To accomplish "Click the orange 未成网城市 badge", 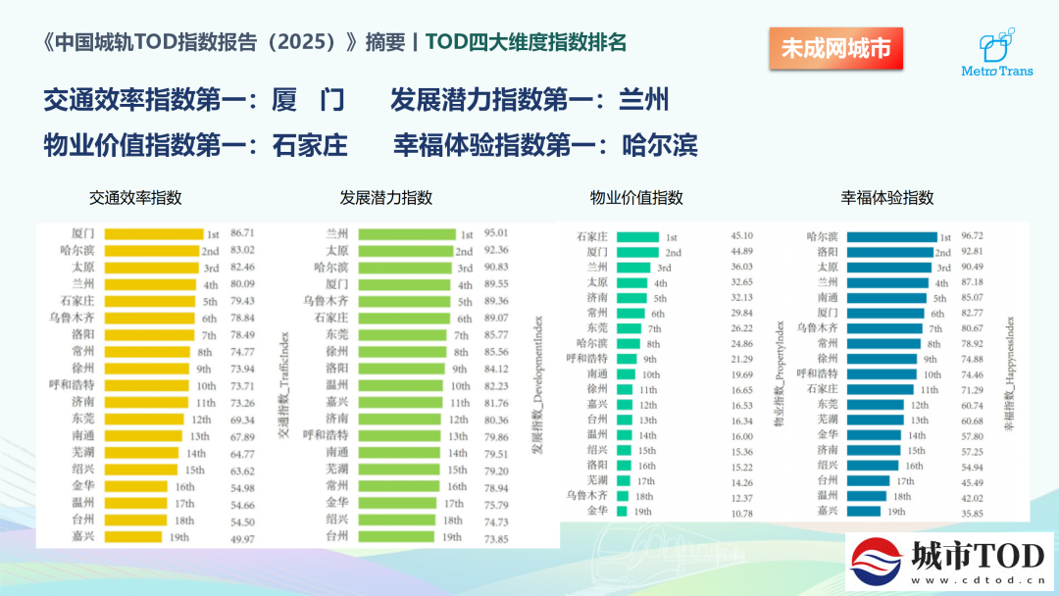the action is [x=835, y=48].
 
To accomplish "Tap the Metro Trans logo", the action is [x=997, y=52].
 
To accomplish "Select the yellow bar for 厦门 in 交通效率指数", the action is [x=154, y=234].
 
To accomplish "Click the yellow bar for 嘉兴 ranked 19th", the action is [x=133, y=537].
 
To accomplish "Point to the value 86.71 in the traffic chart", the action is [x=242, y=233].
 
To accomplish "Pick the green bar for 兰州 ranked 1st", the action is [x=407, y=234].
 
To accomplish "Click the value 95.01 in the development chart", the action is [x=496, y=233].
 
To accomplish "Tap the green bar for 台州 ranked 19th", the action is [x=396, y=536].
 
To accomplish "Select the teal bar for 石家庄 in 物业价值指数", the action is [x=637, y=237].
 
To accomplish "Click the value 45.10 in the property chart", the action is [x=741, y=235].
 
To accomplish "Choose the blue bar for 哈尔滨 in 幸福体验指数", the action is [x=892, y=237].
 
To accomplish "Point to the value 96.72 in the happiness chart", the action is [x=972, y=235].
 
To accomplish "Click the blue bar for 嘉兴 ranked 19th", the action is [x=864, y=511].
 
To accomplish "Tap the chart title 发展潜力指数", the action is [x=385, y=198].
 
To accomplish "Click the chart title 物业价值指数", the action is [x=636, y=198].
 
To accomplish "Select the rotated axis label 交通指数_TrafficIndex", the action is [x=284, y=384].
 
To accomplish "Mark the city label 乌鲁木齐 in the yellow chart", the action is [x=72, y=318].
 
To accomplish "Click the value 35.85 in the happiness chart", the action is [x=972, y=514].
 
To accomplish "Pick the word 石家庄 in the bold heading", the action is [x=310, y=145].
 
